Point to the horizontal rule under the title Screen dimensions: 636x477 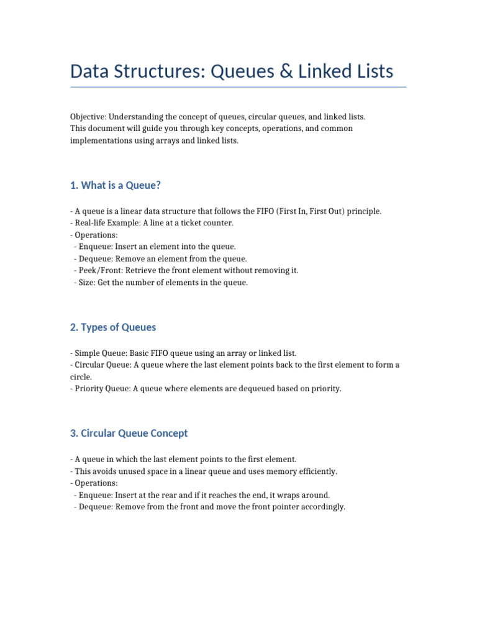[238, 87]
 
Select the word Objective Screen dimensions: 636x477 [88, 117]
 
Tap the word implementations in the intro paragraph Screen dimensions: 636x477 [98, 140]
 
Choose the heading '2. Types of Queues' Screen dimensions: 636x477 [113, 327]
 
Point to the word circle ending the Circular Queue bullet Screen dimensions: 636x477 [81, 377]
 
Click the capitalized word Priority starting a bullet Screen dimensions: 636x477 [89, 389]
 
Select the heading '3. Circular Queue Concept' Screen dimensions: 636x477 [129, 433]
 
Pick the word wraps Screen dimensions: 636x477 [283, 495]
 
